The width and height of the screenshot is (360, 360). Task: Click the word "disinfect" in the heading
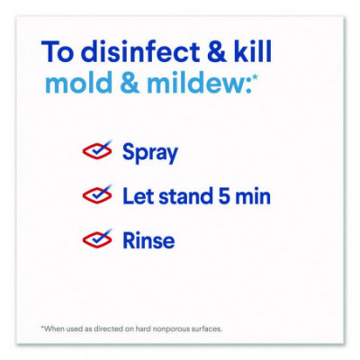coord(140,51)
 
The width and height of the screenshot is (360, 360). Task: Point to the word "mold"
coord(78,82)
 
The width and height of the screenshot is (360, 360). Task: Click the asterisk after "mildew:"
coord(255,77)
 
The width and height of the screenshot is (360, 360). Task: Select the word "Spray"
coord(150,153)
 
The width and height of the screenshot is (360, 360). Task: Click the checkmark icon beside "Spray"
coord(97,149)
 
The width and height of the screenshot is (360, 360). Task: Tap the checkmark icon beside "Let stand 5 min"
coord(97,194)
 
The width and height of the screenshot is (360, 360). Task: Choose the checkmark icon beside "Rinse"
coord(97,238)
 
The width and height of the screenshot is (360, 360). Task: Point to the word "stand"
coord(186,197)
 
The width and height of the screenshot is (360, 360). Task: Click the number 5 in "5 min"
coord(224,197)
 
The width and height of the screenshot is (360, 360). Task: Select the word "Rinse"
coord(148,241)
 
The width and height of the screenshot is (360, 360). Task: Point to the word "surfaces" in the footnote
coord(207,328)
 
